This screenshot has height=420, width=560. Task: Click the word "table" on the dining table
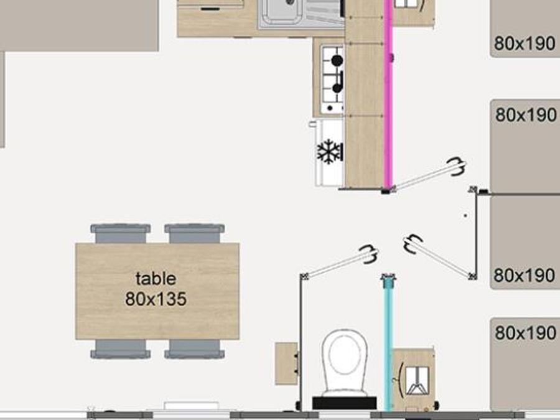156,278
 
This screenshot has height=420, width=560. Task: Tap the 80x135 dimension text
156,299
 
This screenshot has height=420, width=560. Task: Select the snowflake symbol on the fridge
329,152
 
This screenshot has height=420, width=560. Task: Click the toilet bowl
345,361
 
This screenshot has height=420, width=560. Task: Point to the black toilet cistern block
344,403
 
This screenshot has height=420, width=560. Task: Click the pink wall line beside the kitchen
388,95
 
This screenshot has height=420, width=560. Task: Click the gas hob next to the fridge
332,79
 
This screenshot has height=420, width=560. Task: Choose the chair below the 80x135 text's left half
120,349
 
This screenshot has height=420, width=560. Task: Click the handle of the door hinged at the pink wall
457,166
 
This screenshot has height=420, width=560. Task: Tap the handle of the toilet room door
368,254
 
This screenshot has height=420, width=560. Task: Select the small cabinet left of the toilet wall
286,363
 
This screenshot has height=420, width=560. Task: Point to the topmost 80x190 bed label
525,44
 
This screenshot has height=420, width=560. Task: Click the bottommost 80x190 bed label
525,333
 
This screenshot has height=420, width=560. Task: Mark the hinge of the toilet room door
304,276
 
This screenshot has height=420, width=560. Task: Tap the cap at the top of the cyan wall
388,279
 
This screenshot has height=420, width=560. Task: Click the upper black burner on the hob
337,60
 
